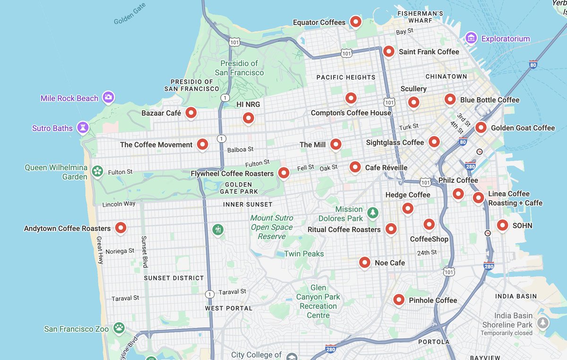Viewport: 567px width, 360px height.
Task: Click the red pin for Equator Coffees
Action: [x=355, y=22]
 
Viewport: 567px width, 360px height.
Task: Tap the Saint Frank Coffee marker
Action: [x=388, y=51]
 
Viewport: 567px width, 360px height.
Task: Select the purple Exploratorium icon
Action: [x=470, y=38]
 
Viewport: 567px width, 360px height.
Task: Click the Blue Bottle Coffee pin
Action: [x=450, y=99]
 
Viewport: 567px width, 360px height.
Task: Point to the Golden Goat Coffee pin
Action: [x=481, y=128]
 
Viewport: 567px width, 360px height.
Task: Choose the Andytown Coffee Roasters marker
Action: [x=121, y=228]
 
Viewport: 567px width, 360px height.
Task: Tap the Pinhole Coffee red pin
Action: [x=399, y=300]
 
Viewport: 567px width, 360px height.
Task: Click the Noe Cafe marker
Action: [x=364, y=262]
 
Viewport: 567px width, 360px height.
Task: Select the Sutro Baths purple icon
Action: [x=83, y=128]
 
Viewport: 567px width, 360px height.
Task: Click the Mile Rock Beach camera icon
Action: [x=108, y=97]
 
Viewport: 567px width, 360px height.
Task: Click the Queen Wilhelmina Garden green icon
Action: [x=97, y=171]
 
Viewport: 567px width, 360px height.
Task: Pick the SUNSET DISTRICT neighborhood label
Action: [x=173, y=278]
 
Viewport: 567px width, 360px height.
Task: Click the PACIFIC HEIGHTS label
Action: [x=346, y=77]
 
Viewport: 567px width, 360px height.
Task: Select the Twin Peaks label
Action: [x=304, y=254]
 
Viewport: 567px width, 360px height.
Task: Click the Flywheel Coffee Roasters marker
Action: [x=283, y=173]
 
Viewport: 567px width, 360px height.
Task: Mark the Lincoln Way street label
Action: [x=119, y=204]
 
